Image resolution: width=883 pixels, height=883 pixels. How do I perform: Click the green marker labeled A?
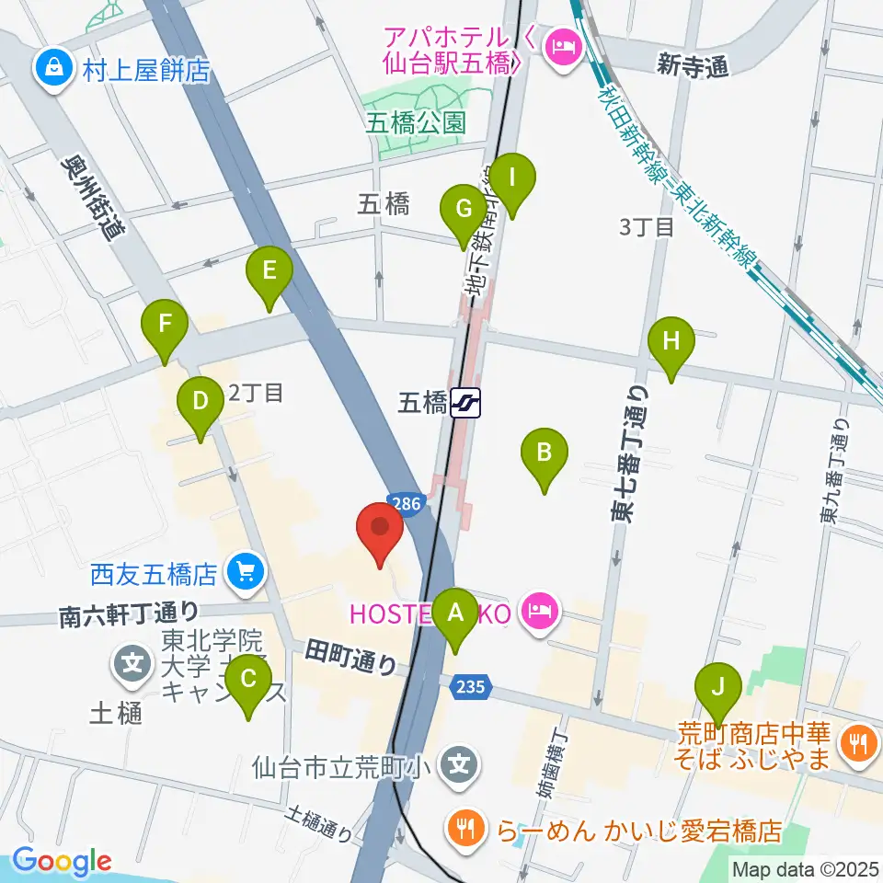pos(454,612)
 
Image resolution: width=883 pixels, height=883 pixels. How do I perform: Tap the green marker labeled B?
pos(545,453)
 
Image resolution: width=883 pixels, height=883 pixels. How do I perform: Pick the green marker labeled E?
pos(269,271)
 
